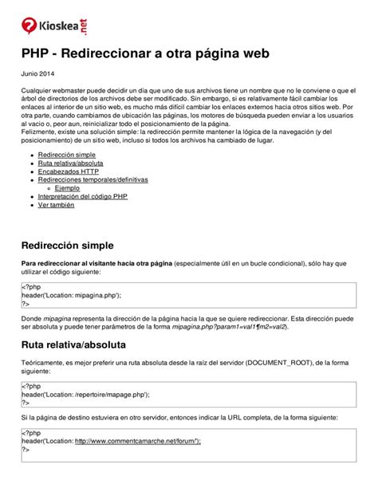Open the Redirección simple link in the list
(x=67, y=153)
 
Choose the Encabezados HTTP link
(x=69, y=171)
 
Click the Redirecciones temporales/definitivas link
(x=93, y=179)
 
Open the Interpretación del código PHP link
(x=82, y=196)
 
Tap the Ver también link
(x=57, y=205)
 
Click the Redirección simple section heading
(x=78, y=245)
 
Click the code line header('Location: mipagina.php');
(x=71, y=295)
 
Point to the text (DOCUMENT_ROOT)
(x=284, y=363)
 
